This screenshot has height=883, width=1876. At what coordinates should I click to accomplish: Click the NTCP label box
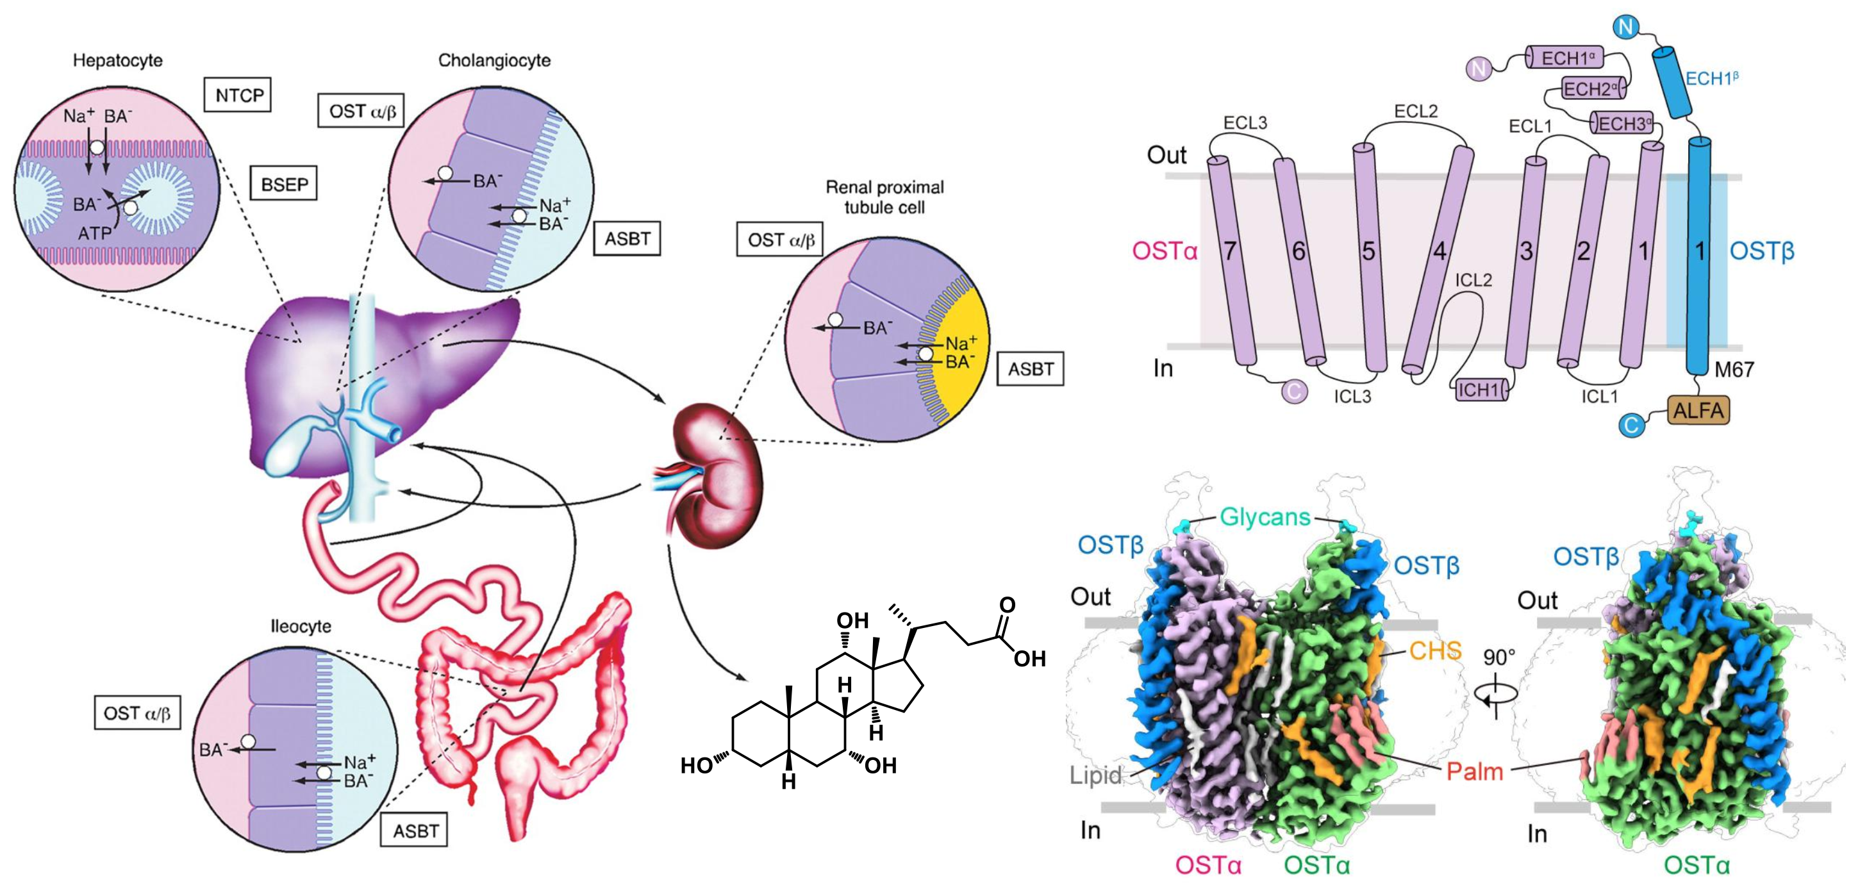[237, 95]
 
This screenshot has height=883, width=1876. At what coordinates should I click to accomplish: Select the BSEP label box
[283, 184]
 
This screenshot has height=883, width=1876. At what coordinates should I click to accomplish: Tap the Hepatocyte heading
[117, 60]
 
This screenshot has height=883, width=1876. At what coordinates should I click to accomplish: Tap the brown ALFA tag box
[1698, 411]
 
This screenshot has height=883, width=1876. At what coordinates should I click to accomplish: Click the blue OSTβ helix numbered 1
[1698, 255]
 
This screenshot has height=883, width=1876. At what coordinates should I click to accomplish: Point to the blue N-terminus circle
[1625, 28]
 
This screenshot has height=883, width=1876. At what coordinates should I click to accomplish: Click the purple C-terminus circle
[1293, 391]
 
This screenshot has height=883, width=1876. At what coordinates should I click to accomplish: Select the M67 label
[1734, 370]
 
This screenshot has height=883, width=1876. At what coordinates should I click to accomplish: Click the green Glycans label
[1265, 517]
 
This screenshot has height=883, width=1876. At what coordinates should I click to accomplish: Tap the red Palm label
[1474, 771]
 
